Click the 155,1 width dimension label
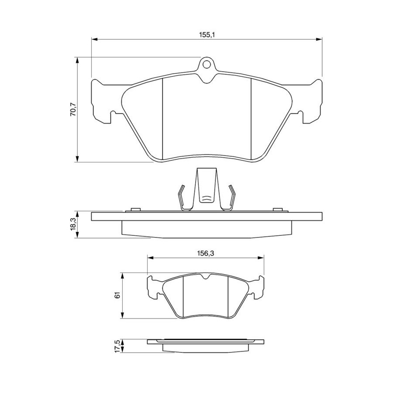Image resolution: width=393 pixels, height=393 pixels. click(207, 35)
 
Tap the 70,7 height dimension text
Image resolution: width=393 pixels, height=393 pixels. click(73, 109)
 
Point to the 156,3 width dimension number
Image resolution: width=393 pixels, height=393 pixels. click(206, 253)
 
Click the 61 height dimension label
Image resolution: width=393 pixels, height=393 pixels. click(117, 295)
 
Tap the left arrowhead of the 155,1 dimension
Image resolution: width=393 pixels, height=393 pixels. click(94, 39)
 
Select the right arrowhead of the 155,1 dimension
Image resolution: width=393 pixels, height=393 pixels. click(319, 39)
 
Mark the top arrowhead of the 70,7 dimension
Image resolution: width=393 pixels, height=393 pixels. click(77, 60)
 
